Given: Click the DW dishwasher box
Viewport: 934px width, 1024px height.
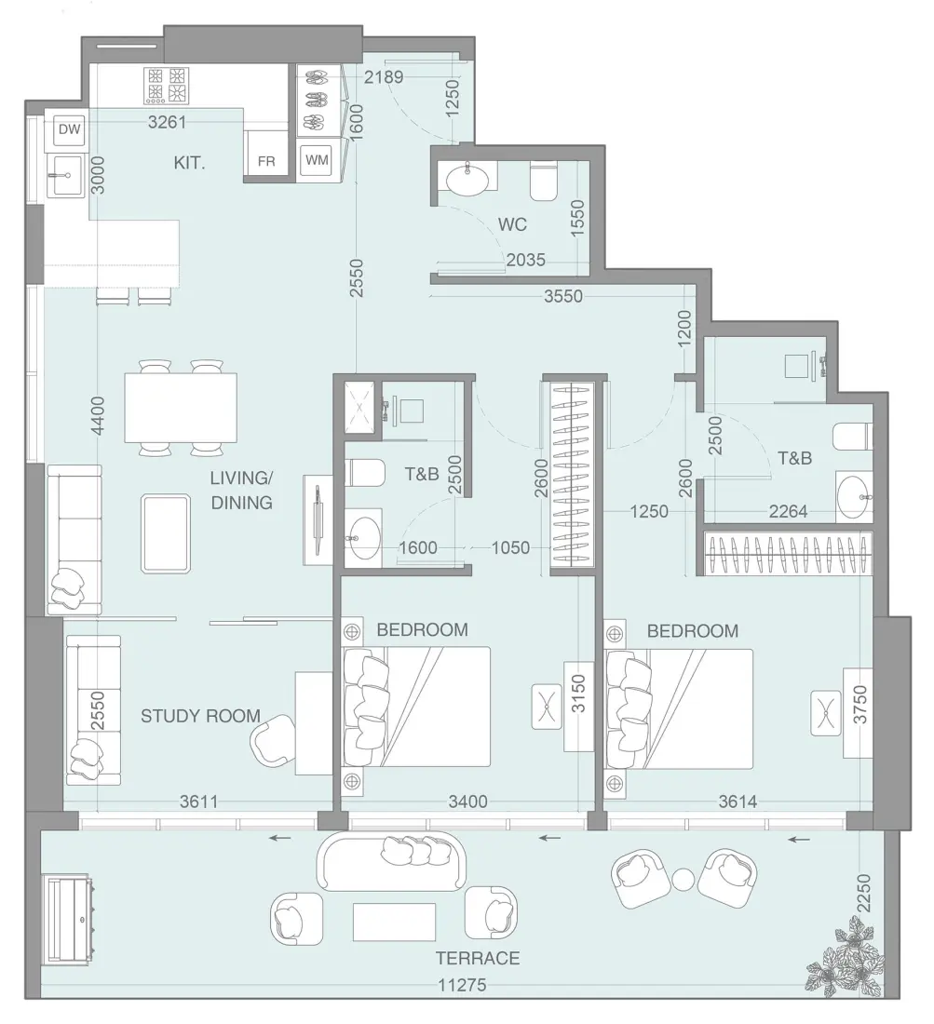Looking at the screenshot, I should pos(69,130).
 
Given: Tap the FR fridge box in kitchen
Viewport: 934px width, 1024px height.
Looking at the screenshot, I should pos(266,161).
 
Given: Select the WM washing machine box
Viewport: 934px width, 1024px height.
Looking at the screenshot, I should pos(318,160).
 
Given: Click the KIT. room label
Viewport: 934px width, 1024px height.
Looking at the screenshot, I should pos(189,163).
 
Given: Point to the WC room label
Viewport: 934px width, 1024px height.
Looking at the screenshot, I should pos(512,224).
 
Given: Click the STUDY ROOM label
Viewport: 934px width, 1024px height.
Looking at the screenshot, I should pos(200,716).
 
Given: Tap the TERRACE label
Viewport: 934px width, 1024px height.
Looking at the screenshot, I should pos(477,958).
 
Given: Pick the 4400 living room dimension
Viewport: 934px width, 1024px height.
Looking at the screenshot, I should pos(99,416).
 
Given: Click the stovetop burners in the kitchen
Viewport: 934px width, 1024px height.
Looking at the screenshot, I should pos(167,86).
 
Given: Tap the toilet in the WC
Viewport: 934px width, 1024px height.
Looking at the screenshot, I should pos(543,182).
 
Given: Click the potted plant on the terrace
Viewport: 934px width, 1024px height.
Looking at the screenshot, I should pos(846,959).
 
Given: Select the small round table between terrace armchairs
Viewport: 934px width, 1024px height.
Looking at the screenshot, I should pos(684,879).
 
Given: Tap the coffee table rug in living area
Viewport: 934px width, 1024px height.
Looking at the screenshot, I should pos(167,533).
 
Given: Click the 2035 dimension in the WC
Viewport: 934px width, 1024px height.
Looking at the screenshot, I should pos(526,261).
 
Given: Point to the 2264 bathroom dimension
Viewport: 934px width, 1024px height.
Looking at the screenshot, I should pos(789,511).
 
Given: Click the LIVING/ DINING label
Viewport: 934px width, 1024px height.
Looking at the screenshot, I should pos(241,491).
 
